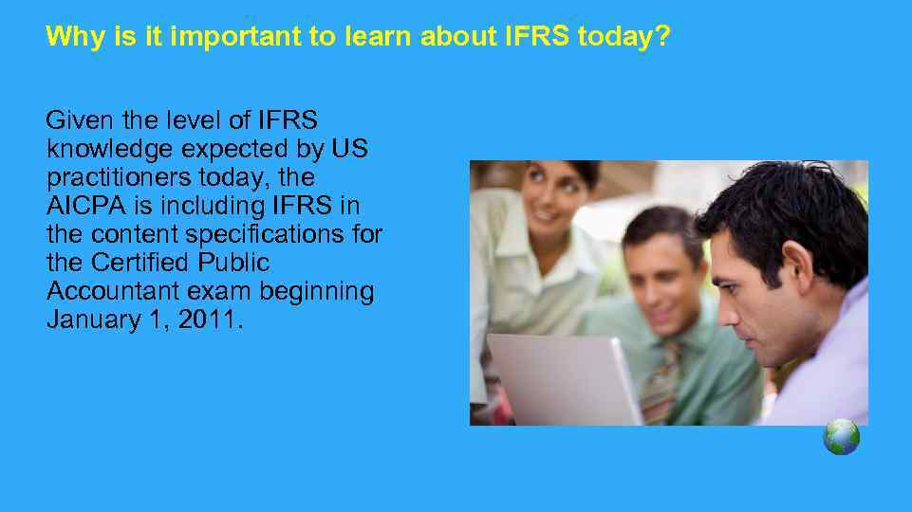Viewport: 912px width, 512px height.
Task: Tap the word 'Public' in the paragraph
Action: click(x=237, y=263)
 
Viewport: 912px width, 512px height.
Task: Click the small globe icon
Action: click(x=841, y=437)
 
